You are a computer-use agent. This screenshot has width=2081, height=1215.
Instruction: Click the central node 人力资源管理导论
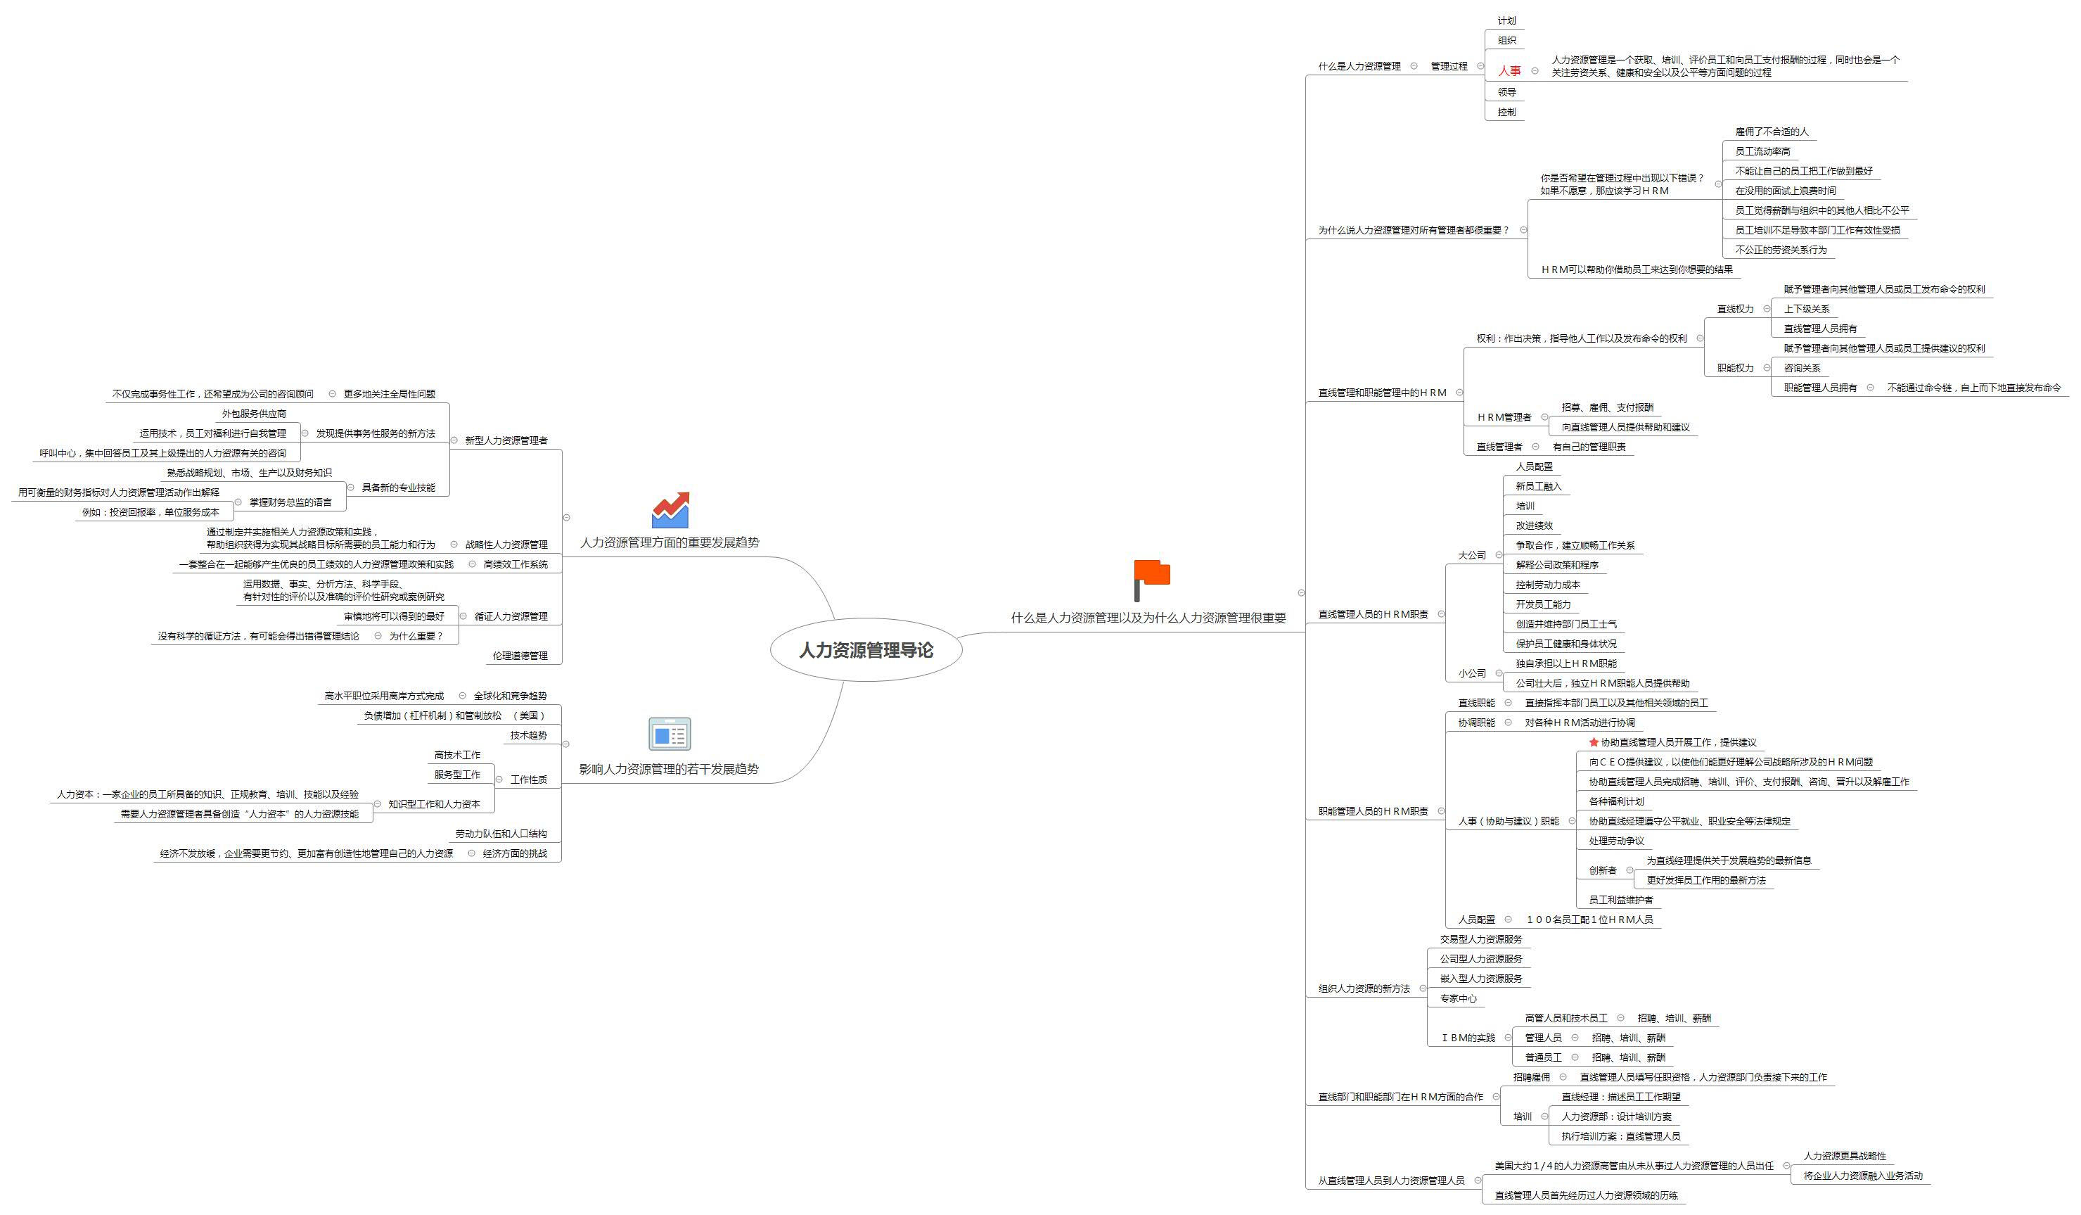pos(866,650)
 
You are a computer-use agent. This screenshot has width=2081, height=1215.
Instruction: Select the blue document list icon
pos(670,734)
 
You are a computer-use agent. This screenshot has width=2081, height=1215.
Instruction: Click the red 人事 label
pos(1509,71)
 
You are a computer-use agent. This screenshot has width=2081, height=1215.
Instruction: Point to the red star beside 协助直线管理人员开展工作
pos(1594,742)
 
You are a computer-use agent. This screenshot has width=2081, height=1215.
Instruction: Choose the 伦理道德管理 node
pos(520,656)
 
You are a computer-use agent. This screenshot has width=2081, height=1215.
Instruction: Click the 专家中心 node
pos(1459,998)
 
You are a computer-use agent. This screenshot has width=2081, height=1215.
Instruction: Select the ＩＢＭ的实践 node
pos(1468,1038)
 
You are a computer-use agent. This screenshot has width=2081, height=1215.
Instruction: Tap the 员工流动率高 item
pos(1763,151)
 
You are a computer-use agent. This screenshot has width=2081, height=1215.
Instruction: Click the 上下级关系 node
pos(1807,309)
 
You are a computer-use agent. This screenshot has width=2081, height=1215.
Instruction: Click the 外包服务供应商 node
pos(253,414)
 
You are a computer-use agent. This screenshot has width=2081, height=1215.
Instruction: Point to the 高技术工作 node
pos(456,755)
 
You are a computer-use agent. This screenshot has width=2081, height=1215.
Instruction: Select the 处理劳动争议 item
pos(1617,841)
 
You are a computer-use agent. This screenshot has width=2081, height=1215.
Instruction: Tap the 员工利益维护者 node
pos(1621,901)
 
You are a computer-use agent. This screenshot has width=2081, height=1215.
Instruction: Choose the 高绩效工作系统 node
pos(516,564)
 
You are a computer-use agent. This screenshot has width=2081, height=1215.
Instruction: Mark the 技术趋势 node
pos(528,735)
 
